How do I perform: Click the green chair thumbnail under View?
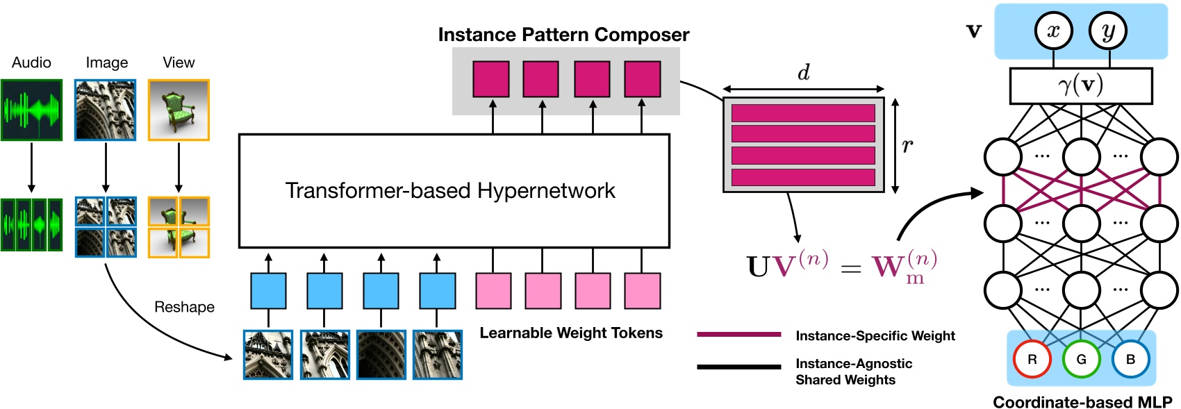(179, 110)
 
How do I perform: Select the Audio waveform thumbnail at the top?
(31, 110)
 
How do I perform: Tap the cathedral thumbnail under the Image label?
(106, 110)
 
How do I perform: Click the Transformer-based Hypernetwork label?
(450, 190)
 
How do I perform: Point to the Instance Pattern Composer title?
(563, 35)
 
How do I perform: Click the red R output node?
(1032, 359)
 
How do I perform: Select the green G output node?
(1081, 359)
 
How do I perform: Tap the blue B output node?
(1130, 359)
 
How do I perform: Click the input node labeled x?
(1053, 31)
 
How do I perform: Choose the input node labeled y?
(1109, 31)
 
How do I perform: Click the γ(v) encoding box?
(1080, 85)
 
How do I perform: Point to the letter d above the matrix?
(803, 72)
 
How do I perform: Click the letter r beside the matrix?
(907, 145)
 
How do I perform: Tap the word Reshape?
(184, 307)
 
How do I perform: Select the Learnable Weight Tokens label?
(571, 333)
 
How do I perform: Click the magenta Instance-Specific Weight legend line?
(738, 335)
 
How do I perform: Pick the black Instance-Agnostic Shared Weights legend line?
(738, 367)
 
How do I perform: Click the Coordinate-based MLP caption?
(1082, 402)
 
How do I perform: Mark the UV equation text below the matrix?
(841, 266)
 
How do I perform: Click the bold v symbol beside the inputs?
(974, 31)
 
